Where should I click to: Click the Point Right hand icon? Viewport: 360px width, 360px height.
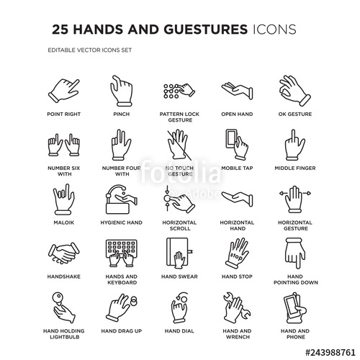[x=63, y=91]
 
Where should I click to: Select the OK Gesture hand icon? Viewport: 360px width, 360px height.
[x=294, y=89]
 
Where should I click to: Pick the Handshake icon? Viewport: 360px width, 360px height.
[x=63, y=253]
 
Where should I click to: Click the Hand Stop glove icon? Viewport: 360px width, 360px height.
[x=237, y=253]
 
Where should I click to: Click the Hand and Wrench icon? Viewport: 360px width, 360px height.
[x=237, y=308]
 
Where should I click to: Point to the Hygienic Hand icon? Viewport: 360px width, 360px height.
[x=121, y=199]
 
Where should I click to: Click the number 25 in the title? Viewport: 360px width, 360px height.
[x=62, y=30]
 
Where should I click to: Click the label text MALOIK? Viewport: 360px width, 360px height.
[x=63, y=223]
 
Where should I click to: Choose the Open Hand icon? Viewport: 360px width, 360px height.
[x=237, y=91]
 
